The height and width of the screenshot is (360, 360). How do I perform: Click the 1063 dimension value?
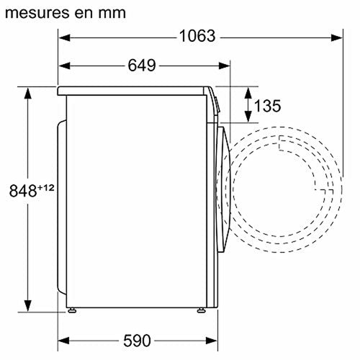click(x=197, y=36)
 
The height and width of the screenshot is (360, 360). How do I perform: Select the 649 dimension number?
click(x=142, y=66)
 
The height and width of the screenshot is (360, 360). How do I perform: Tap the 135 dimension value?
click(x=267, y=106)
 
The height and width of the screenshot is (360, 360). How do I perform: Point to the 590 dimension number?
click(x=137, y=341)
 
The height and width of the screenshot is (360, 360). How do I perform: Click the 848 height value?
click(x=23, y=191)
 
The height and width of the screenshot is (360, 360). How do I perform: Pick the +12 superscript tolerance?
click(x=46, y=187)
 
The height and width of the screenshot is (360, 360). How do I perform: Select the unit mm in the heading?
click(x=112, y=14)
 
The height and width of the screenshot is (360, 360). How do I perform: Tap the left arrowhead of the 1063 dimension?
click(x=64, y=37)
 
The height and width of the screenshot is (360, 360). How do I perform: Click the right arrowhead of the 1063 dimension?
click(x=336, y=37)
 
